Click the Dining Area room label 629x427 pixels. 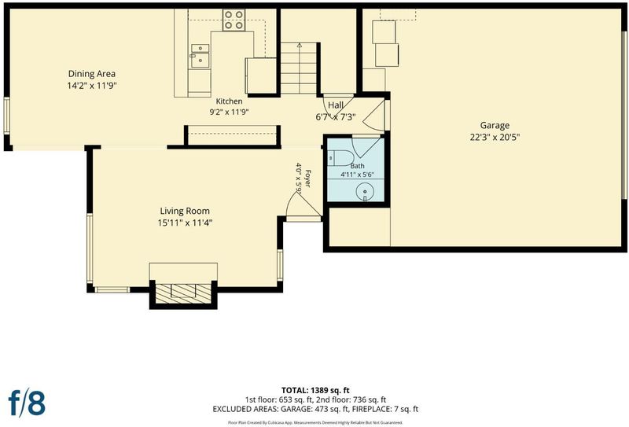pos(92,74)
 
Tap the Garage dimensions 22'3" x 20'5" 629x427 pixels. pos(495,138)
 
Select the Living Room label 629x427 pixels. pos(185,211)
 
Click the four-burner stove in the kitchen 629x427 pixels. pos(234,20)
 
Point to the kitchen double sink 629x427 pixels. pos(200,55)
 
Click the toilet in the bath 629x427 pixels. pos(340,158)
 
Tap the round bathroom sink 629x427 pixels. pos(365,192)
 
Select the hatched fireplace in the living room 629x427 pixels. pos(183,293)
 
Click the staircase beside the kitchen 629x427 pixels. pos(299,68)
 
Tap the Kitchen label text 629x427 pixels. pos(229,101)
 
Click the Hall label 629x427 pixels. pos(336,105)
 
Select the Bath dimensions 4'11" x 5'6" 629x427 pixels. pos(358,175)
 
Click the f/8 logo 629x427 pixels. pos(27,403)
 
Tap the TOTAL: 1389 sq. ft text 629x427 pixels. pos(315,390)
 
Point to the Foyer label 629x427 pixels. pos(307,179)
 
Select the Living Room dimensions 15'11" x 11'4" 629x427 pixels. pos(185,223)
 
